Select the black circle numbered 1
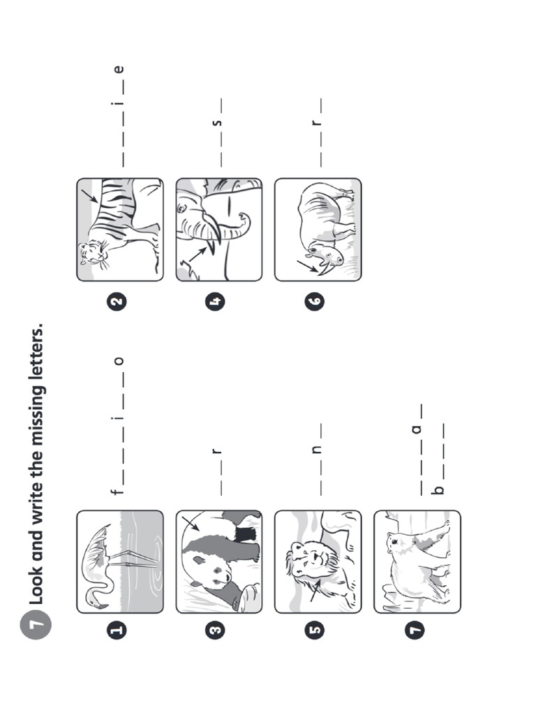point(117,631)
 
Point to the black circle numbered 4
point(216,302)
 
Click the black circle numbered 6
point(315,302)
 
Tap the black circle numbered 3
point(216,631)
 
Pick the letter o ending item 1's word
point(119,360)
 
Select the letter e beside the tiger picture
point(119,69)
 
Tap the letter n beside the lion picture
point(317,450)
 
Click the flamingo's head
point(93,595)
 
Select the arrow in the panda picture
point(190,524)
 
